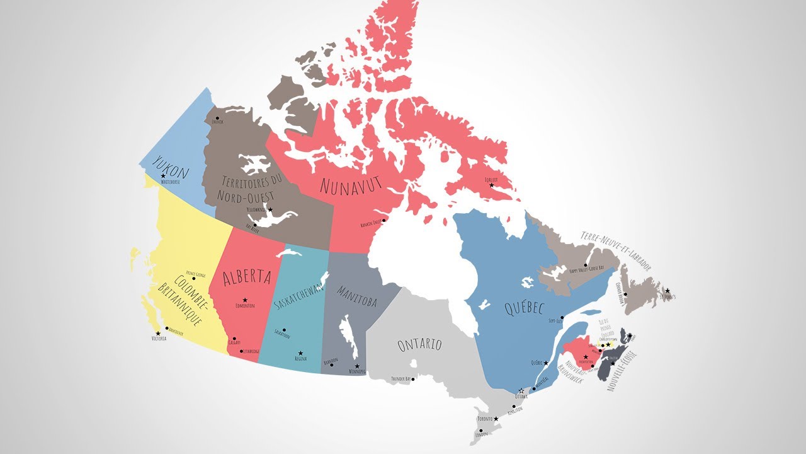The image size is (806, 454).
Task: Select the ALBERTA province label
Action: point(247,277)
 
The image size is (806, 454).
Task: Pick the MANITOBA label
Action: point(356,296)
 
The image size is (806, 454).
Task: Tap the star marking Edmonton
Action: point(245,300)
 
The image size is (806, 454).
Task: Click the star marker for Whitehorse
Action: point(163,176)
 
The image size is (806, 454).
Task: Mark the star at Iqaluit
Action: point(492,185)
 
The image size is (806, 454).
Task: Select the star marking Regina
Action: point(300,353)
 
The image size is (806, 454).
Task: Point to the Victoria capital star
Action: point(157,334)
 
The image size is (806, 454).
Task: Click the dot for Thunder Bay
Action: point(412,378)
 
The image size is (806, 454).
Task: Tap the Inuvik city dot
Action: point(217,117)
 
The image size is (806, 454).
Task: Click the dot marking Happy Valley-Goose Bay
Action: point(586,265)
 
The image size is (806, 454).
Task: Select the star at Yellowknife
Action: point(271,209)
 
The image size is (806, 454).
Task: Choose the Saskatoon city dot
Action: point(284,330)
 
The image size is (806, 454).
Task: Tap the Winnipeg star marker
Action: point(357,366)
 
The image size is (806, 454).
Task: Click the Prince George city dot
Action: point(193,278)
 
